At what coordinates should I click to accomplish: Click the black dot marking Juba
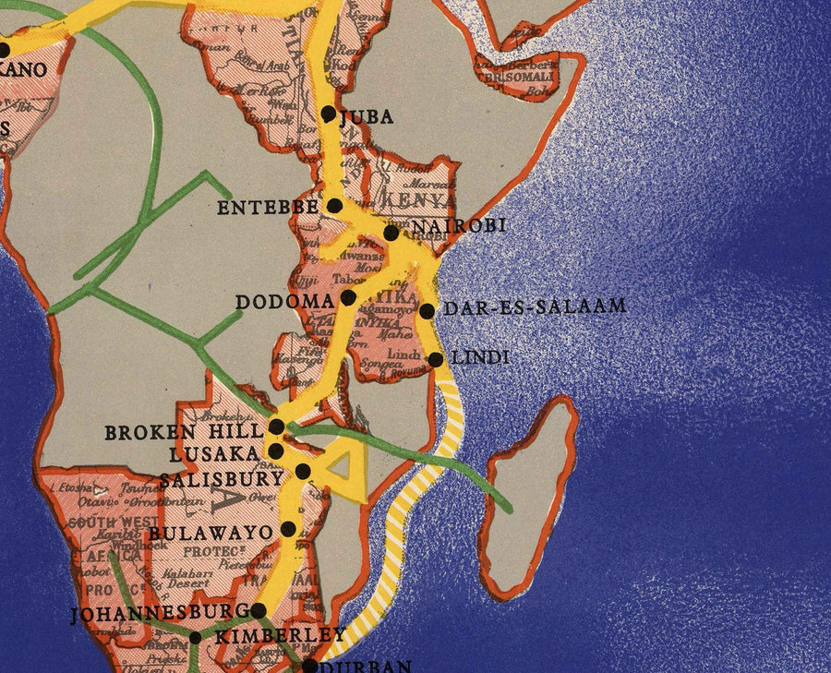point(329,114)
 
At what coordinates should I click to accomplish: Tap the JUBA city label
point(367,117)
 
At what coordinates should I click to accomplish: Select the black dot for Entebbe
point(335,205)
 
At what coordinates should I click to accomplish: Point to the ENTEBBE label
point(267,208)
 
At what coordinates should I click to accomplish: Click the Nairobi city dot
point(391,233)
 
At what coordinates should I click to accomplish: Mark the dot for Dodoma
point(348,297)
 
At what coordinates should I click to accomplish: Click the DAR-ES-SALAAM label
point(536,306)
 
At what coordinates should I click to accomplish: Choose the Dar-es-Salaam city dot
point(428,311)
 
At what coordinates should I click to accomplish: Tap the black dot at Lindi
point(436,358)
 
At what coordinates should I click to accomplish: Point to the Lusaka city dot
point(276,450)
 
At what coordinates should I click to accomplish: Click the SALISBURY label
point(221,479)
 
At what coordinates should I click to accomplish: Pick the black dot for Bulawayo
point(288,529)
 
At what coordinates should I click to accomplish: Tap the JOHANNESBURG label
point(159,612)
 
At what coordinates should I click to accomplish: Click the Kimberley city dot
point(195,638)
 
